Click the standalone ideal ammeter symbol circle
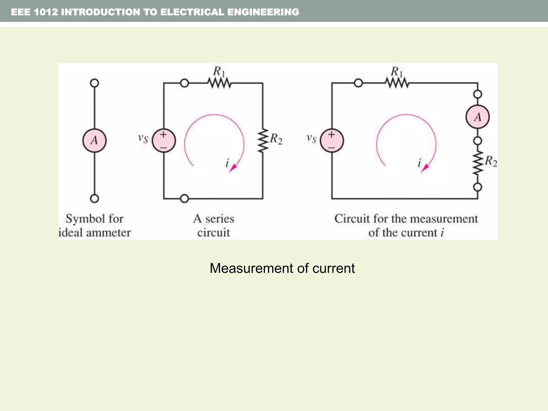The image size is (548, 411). pos(94,140)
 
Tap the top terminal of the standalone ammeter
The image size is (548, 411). pos(94,83)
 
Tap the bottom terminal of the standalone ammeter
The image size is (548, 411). pos(94,199)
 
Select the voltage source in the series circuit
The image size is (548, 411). pos(164,140)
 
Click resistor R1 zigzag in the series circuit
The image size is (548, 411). pos(219,83)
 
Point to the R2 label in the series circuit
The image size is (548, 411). pos(276,139)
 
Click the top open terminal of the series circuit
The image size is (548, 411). pos(184,83)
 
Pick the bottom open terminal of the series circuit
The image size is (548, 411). pos(184,199)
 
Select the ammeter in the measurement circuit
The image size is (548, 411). pos(478,117)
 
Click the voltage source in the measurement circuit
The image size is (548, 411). pos(332,140)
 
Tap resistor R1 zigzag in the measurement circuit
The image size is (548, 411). pos(397,83)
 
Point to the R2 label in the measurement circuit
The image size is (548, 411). pos(491,161)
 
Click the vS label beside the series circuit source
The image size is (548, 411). pos(143,138)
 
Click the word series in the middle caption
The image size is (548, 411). pos(219,219)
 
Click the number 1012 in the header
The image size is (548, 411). pos(46,12)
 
